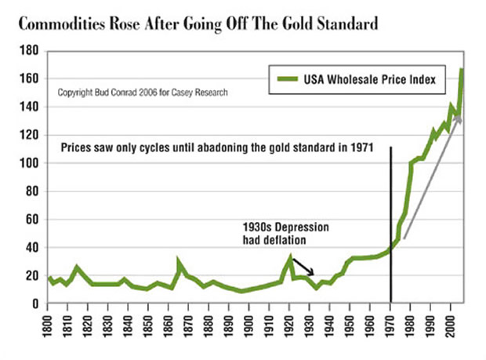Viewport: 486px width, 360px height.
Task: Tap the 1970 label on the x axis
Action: pos(390,324)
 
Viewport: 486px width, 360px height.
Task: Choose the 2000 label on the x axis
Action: pos(451,324)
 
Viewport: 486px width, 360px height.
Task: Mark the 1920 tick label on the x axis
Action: pos(290,324)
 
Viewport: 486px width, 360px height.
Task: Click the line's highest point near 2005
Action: pos(462,71)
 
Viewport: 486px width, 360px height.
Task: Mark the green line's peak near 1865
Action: pos(179,262)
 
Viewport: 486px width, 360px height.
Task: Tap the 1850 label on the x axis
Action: pos(151,324)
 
